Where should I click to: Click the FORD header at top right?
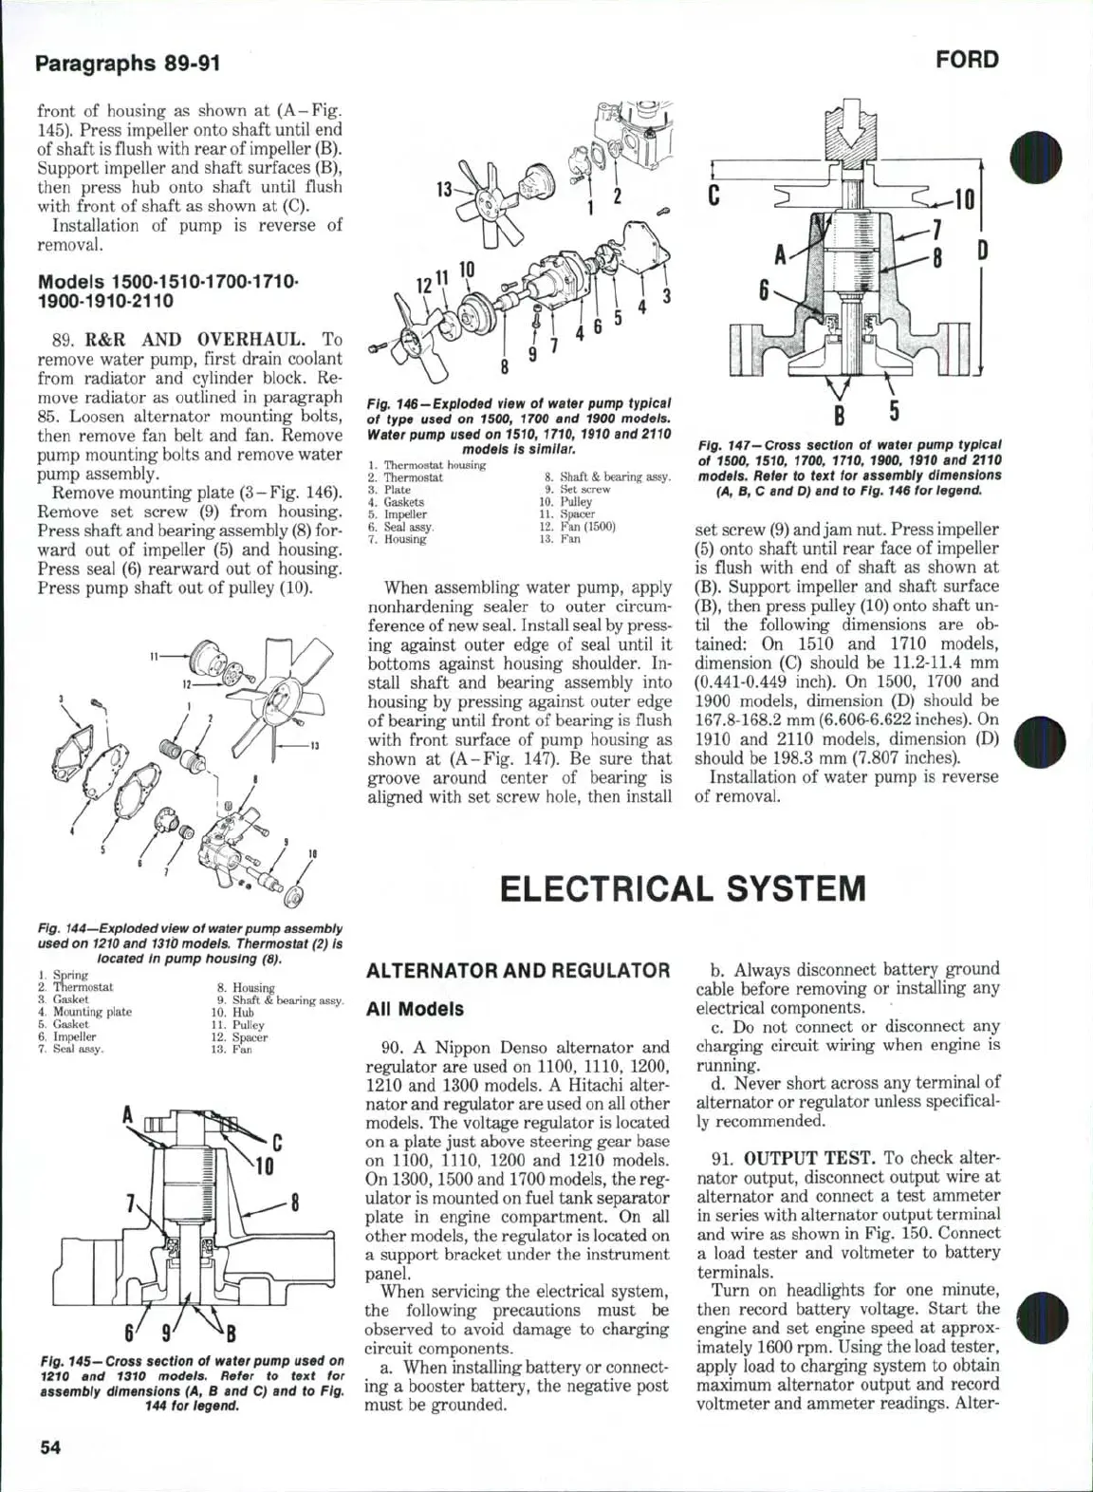[x=967, y=60]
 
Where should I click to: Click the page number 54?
[x=53, y=1447]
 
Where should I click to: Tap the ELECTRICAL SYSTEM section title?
[x=682, y=888]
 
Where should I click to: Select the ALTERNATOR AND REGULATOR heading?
[x=518, y=970]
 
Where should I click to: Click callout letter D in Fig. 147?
[x=983, y=251]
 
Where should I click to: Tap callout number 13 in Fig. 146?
[x=443, y=189]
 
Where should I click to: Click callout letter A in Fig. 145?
[x=126, y=1114]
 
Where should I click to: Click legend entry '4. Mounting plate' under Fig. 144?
[x=85, y=1012]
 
